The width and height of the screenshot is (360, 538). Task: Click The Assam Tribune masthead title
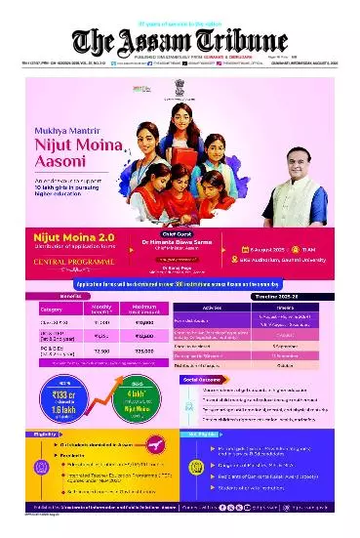coord(180,40)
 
